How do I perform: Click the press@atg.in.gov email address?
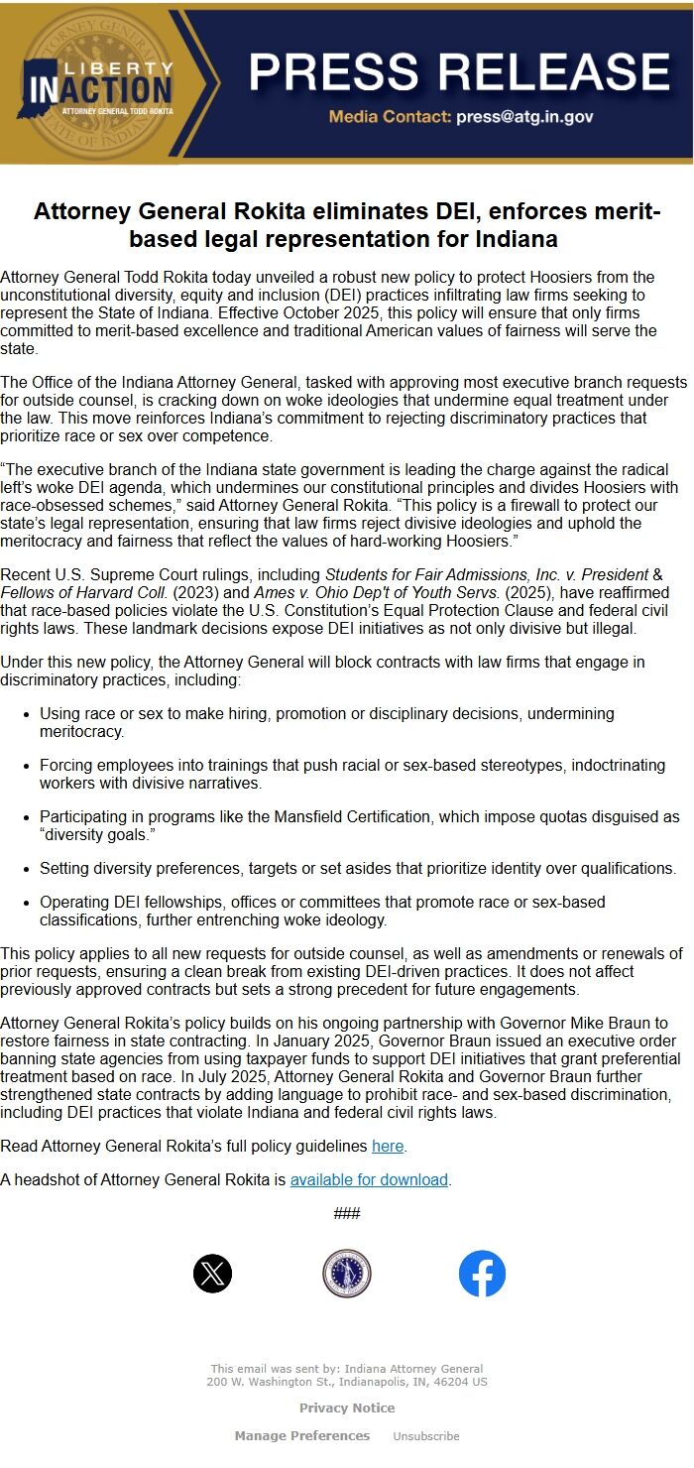524,117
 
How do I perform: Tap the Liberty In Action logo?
99,84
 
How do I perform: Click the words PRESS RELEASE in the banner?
459,71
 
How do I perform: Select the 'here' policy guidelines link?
388,1147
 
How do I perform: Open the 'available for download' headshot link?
369,1180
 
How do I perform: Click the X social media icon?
213,1274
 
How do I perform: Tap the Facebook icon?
482,1274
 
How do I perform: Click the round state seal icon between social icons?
347,1274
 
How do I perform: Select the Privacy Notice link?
347,1408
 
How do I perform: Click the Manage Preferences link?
302,1436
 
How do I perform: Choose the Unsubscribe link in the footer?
426,1436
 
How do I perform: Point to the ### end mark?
347,1214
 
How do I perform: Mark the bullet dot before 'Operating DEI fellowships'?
26,903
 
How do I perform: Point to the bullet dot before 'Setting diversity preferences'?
26,869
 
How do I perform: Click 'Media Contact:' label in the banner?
391,117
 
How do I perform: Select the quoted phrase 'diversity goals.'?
94,834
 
